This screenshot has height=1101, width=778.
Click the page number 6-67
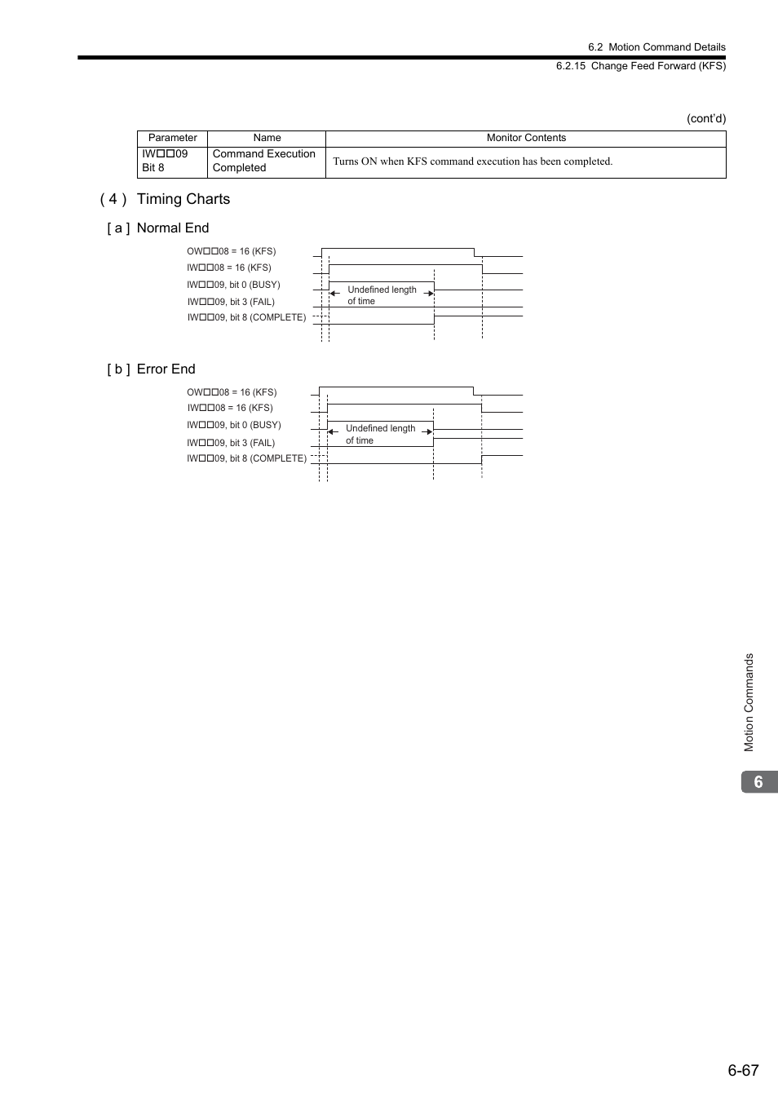[x=743, y=1070]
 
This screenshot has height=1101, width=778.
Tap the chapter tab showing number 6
[x=758, y=782]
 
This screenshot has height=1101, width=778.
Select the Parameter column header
[x=172, y=138]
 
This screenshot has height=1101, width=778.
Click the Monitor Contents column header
[x=526, y=138]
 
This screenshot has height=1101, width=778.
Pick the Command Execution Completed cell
[x=264, y=161]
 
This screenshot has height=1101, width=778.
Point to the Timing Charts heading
[x=183, y=199]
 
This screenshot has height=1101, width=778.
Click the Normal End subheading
[x=172, y=228]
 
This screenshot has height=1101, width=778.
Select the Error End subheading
[x=166, y=369]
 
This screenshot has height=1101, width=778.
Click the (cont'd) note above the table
[x=705, y=118]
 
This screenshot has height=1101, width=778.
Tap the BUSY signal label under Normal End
[x=233, y=285]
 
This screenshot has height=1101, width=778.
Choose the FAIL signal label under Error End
[x=231, y=443]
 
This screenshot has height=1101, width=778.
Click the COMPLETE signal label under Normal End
[x=246, y=317]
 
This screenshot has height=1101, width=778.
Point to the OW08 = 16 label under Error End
[x=232, y=392]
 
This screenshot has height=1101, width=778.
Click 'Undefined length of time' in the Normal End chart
[x=381, y=295]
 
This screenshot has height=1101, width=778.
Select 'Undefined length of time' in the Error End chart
[x=379, y=434]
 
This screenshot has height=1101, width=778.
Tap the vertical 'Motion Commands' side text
[x=749, y=702]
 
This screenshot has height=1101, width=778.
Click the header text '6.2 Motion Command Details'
[x=656, y=47]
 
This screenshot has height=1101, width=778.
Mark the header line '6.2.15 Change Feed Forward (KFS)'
[x=640, y=66]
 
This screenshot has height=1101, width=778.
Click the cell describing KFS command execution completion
[x=472, y=161]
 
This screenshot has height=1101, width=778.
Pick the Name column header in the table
[x=267, y=138]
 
